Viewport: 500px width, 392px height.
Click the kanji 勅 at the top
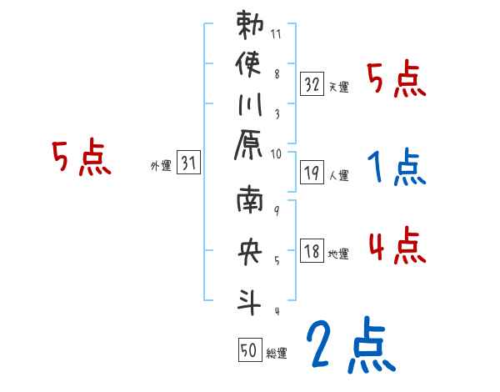tap(250, 26)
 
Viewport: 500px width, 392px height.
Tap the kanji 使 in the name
tap(250, 64)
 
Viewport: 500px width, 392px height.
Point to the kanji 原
tap(250, 148)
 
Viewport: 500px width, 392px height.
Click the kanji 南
tap(250, 204)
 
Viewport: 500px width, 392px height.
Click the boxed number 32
tap(312, 83)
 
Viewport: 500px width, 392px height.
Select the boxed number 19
tap(312, 173)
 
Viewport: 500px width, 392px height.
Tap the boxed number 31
tap(188, 163)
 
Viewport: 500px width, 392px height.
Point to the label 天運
tap(339, 87)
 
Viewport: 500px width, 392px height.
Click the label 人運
tap(339, 176)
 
